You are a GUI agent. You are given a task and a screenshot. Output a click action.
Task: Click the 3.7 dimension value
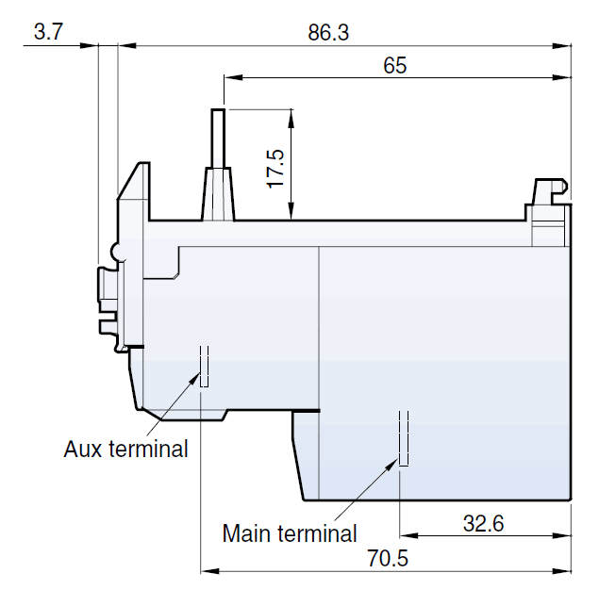coord(47,32)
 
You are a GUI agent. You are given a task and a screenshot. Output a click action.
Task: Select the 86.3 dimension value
coord(328,32)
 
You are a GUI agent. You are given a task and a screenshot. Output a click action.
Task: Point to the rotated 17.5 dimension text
coord(275,165)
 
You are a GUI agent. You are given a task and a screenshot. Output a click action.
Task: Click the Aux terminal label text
coord(125,449)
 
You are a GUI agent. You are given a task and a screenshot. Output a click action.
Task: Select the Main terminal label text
coord(290,533)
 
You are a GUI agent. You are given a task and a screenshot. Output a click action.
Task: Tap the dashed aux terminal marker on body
coord(203,366)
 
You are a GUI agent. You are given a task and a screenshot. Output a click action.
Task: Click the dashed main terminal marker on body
coord(403,438)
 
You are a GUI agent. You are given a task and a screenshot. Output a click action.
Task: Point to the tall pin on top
coord(218,138)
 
